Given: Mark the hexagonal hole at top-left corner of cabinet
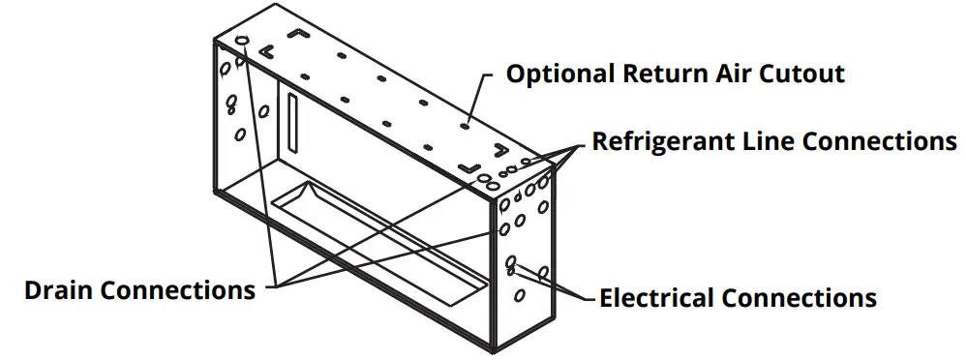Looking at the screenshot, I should click(243, 44).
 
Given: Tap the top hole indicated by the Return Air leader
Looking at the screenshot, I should click(466, 124).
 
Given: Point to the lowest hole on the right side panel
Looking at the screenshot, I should click(519, 295).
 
